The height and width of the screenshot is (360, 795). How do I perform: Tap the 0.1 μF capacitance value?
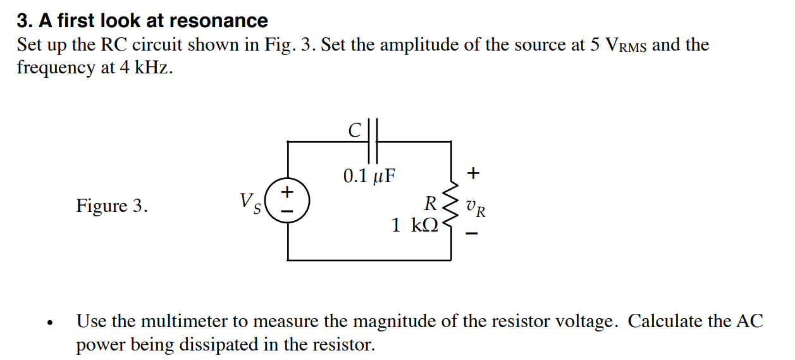(x=369, y=175)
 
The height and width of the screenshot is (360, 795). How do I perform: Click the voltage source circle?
(x=288, y=200)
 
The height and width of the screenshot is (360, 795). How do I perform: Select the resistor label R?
(x=430, y=204)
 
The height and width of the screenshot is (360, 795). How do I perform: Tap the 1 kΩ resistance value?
(x=414, y=225)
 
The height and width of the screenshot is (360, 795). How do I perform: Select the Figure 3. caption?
(x=112, y=206)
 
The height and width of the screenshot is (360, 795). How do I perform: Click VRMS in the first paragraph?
(x=627, y=46)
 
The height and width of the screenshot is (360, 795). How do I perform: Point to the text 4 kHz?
(x=144, y=68)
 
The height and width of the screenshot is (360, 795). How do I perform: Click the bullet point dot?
(x=48, y=323)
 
